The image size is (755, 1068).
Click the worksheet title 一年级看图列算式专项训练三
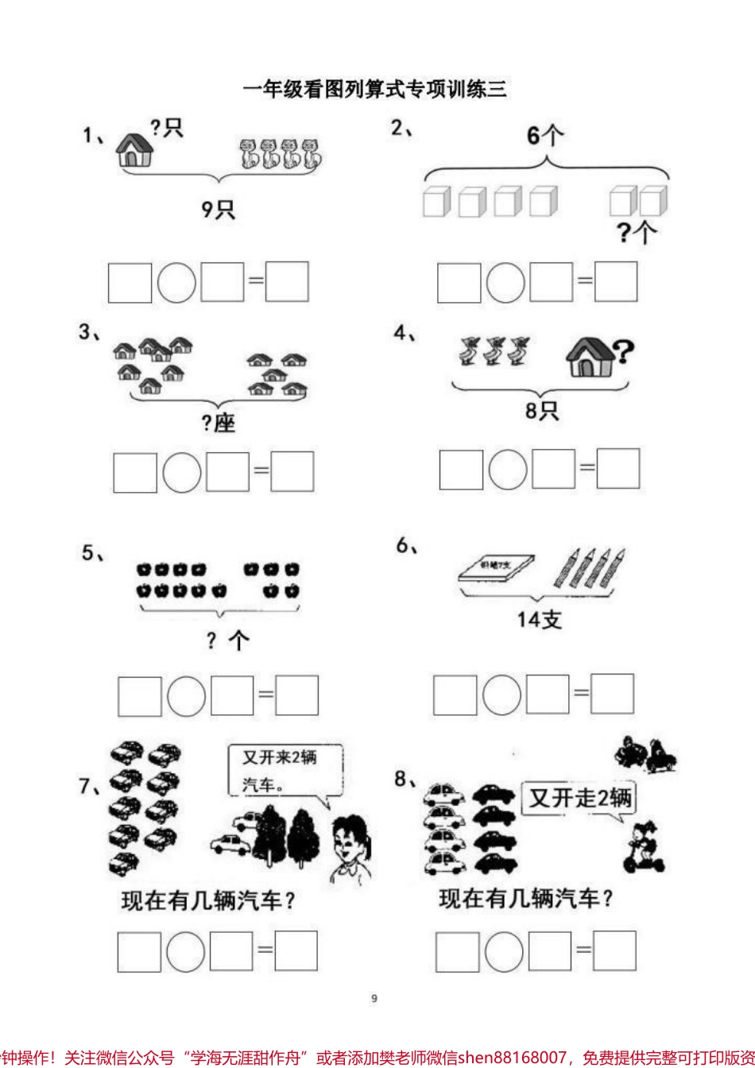[x=374, y=89]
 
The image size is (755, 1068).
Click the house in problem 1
[x=134, y=149]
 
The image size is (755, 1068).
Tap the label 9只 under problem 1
[x=218, y=209]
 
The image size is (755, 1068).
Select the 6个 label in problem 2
[x=545, y=136]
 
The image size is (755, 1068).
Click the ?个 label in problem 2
[x=637, y=232]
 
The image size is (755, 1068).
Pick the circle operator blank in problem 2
[x=505, y=282]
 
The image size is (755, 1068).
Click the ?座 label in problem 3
[x=218, y=423]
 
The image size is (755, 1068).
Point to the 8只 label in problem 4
[x=541, y=410]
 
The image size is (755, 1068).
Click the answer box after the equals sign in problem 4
[x=618, y=469]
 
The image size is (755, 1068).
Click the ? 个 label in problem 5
[x=227, y=640]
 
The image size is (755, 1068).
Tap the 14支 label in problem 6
[x=539, y=619]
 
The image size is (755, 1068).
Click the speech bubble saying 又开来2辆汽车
[x=285, y=771]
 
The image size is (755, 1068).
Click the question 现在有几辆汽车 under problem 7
[x=208, y=900]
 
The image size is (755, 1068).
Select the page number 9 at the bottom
[x=374, y=998]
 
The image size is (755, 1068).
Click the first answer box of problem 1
[x=130, y=282]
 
